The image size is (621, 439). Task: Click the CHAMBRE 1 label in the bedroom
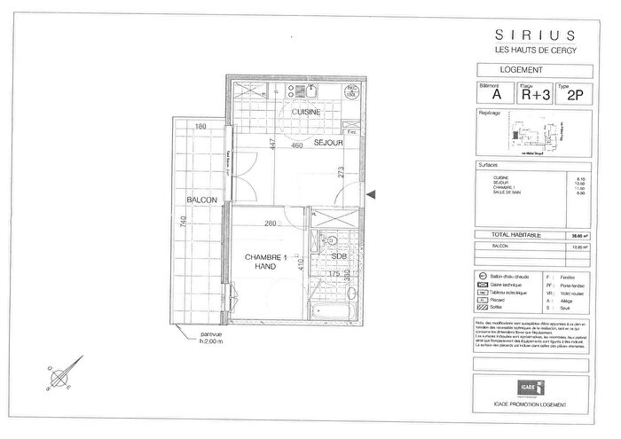pos(264,256)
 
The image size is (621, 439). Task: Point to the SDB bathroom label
pos(338,256)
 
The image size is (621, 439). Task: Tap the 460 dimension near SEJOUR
pos(297,145)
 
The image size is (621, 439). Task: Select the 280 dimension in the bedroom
pos(270,223)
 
